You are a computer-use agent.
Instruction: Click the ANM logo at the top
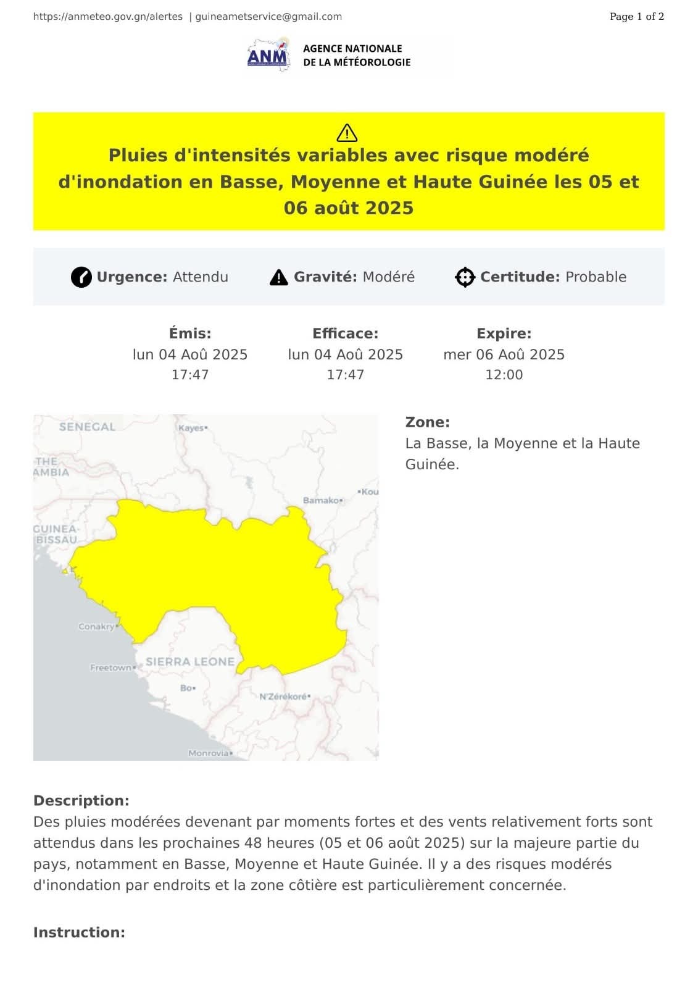268,54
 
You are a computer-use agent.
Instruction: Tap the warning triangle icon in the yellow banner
347,133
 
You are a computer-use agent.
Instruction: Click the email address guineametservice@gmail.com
268,17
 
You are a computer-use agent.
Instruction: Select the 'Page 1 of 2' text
636,17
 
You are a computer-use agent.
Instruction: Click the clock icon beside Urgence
81,277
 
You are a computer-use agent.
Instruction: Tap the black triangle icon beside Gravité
279,277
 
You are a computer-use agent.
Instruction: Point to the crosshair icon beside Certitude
465,277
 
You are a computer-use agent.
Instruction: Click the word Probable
596,277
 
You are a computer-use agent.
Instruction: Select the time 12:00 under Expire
504,375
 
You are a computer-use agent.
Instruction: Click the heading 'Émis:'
190,333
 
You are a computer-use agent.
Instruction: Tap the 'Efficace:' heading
345,333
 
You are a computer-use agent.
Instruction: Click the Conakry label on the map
96,627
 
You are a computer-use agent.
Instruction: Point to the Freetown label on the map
110,668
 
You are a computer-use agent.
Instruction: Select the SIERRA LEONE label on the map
189,661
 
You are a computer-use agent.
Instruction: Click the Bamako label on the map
321,500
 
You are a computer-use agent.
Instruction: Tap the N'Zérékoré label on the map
283,697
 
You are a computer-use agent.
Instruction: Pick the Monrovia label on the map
208,753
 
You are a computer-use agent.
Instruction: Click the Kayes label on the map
191,428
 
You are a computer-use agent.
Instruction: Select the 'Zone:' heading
427,422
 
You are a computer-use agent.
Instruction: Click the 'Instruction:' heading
79,932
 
